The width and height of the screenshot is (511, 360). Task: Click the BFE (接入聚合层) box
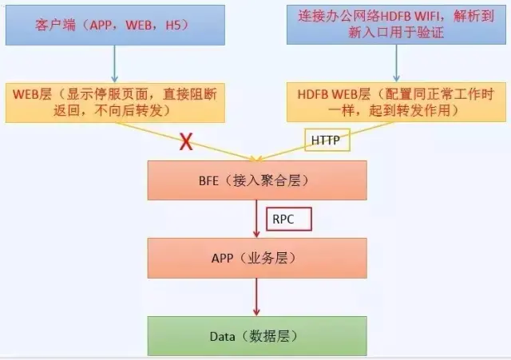256,181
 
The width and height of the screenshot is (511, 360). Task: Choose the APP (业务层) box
256,257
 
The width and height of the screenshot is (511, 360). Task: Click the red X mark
186,142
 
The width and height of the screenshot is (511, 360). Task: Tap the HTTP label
325,140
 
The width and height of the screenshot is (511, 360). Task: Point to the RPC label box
289,217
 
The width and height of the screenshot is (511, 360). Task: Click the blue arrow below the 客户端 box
115,64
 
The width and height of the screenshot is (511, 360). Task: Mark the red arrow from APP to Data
256,297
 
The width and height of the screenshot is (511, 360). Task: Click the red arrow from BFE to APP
256,219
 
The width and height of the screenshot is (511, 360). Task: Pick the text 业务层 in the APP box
275,258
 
